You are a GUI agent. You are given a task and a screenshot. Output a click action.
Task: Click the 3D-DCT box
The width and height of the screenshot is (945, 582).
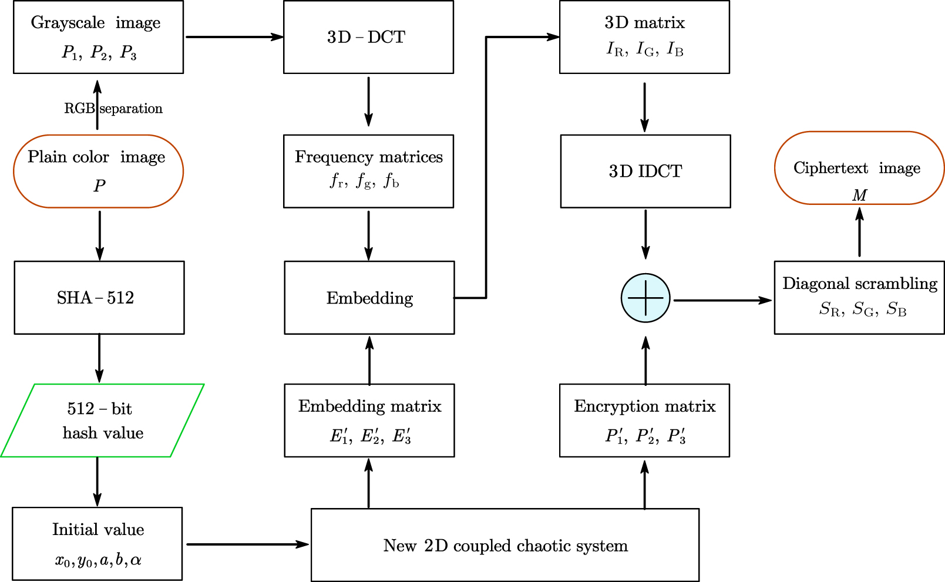(x=368, y=37)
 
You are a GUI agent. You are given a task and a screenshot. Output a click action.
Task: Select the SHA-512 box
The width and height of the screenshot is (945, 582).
(x=99, y=298)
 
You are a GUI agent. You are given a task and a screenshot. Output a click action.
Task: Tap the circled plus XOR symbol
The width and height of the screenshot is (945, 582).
(x=645, y=298)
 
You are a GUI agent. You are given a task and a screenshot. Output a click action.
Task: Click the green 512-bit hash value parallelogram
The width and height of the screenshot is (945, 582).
(x=102, y=420)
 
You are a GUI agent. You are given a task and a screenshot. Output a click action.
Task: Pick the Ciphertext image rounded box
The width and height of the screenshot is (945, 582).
(x=859, y=168)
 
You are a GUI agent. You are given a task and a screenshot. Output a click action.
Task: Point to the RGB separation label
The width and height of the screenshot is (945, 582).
(x=113, y=109)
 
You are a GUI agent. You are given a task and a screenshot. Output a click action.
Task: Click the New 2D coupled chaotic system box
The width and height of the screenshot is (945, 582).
(x=505, y=545)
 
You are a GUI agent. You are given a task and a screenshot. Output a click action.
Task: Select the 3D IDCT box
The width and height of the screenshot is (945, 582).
(x=645, y=171)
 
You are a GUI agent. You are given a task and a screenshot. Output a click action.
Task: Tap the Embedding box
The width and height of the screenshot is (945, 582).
(x=369, y=298)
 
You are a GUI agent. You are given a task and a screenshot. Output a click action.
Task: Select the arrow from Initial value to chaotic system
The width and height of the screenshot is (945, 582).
(x=247, y=544)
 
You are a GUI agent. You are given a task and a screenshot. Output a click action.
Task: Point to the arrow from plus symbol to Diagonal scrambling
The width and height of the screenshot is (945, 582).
(x=722, y=300)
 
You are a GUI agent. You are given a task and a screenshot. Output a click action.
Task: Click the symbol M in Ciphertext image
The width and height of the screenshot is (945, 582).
(x=859, y=195)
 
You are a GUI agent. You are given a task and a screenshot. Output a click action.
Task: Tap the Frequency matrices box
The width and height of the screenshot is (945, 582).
(x=368, y=171)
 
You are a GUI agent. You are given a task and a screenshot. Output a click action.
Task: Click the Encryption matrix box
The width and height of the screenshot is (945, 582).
(x=644, y=420)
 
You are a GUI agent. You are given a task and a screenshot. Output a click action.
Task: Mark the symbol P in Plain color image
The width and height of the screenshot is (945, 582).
(x=99, y=186)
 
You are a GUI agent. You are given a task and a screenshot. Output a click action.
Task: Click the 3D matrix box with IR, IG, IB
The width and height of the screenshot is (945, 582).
(x=644, y=37)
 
